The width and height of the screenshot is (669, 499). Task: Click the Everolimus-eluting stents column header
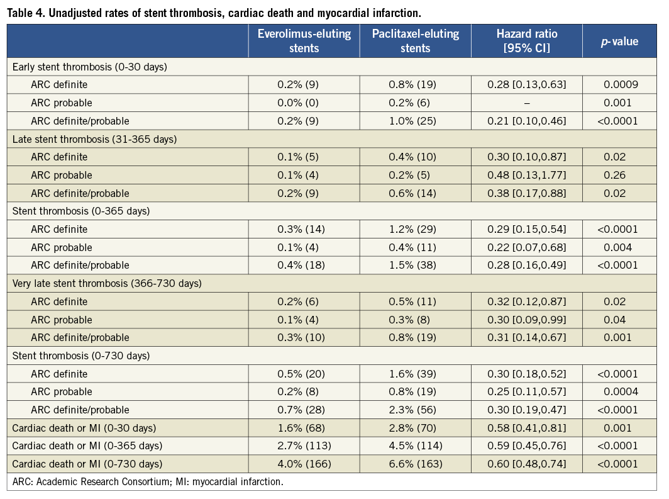tap(304, 41)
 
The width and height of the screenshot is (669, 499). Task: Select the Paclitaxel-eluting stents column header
tap(415, 41)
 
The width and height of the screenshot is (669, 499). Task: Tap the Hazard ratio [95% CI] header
tap(526, 41)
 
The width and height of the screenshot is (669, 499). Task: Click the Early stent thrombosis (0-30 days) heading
tap(89, 66)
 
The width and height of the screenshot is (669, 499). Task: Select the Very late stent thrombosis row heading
tap(107, 283)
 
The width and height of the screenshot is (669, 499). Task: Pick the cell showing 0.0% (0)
tap(301, 103)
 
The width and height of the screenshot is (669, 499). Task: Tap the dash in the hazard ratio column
tap(526, 103)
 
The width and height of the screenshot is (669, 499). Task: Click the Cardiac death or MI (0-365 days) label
tap(87, 446)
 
